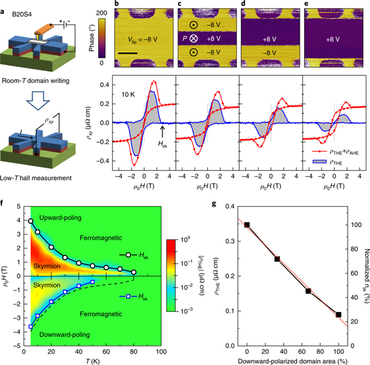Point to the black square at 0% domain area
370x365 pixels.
coord(247,224)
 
